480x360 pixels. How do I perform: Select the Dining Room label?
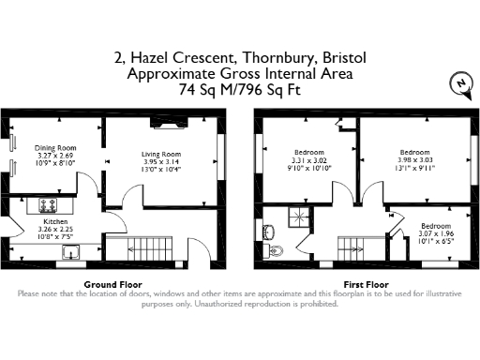pyautogui.click(x=54, y=148)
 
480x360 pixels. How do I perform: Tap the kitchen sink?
pyautogui.click(x=69, y=251)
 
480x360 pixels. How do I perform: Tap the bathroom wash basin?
pyautogui.click(x=269, y=230)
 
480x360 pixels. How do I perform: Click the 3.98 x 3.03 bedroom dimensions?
pyautogui.click(x=414, y=159)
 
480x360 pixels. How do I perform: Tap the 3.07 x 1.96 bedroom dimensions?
pyautogui.click(x=434, y=234)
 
